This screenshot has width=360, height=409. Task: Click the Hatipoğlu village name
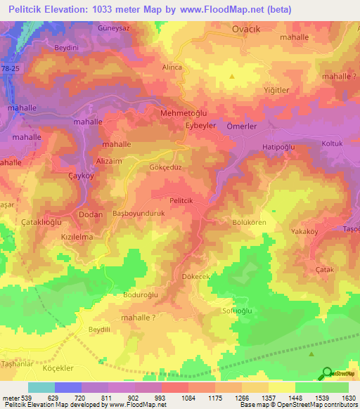click(x=281, y=147)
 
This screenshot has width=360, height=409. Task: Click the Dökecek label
click(x=196, y=278)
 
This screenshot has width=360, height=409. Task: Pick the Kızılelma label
click(x=77, y=238)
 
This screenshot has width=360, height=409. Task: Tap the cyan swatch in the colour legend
click(x=41, y=387)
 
